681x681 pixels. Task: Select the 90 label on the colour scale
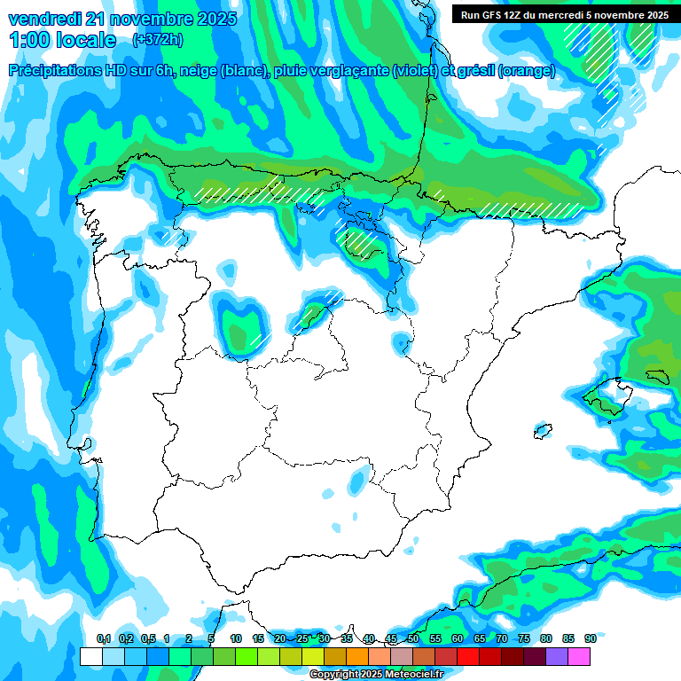(590, 638)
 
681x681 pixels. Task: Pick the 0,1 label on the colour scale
(104, 638)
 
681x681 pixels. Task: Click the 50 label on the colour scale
(413, 638)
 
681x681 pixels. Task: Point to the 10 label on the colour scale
(236, 638)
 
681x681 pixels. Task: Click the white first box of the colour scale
(90, 656)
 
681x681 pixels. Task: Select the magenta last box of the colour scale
(579, 656)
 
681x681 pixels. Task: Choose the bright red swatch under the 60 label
(468, 656)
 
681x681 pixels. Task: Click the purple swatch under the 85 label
(557, 656)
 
